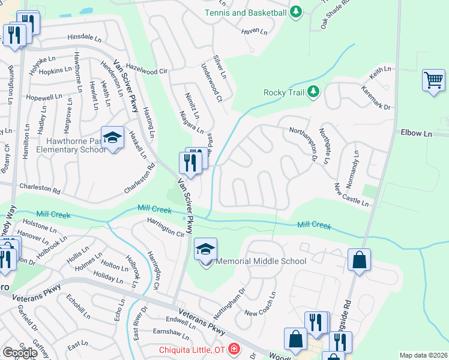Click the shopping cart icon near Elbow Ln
(433, 80)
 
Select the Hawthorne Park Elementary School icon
(112, 138)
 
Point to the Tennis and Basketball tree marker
(295, 12)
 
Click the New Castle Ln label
(351, 195)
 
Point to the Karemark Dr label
(376, 98)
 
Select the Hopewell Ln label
(44, 97)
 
